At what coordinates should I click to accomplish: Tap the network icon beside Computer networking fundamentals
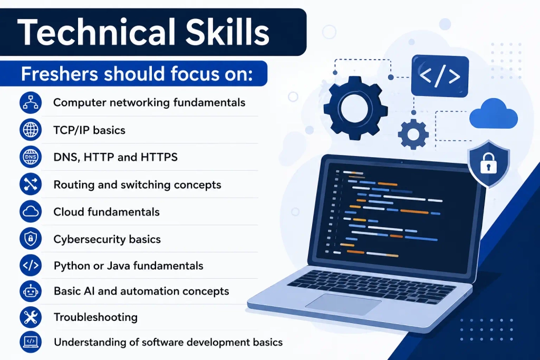coord(31,103)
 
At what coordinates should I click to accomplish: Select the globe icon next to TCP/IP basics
coord(31,130)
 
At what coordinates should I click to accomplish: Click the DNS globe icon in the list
coord(31,157)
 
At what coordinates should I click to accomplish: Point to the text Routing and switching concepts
coord(138,185)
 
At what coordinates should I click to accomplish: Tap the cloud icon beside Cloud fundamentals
coord(31,211)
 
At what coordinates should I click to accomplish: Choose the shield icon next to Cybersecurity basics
coord(31,239)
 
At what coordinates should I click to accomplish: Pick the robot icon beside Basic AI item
coord(31,291)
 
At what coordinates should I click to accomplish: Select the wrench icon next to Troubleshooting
coord(31,317)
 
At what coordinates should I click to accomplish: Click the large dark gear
coord(356,109)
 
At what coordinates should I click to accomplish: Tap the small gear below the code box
coord(413,134)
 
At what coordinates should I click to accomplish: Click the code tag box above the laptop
coord(440,76)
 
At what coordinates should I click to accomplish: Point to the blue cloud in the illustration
coord(494,114)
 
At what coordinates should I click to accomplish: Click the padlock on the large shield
coord(489,163)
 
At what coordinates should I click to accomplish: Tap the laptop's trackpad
coord(343,304)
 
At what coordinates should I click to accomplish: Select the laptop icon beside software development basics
coord(31,342)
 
